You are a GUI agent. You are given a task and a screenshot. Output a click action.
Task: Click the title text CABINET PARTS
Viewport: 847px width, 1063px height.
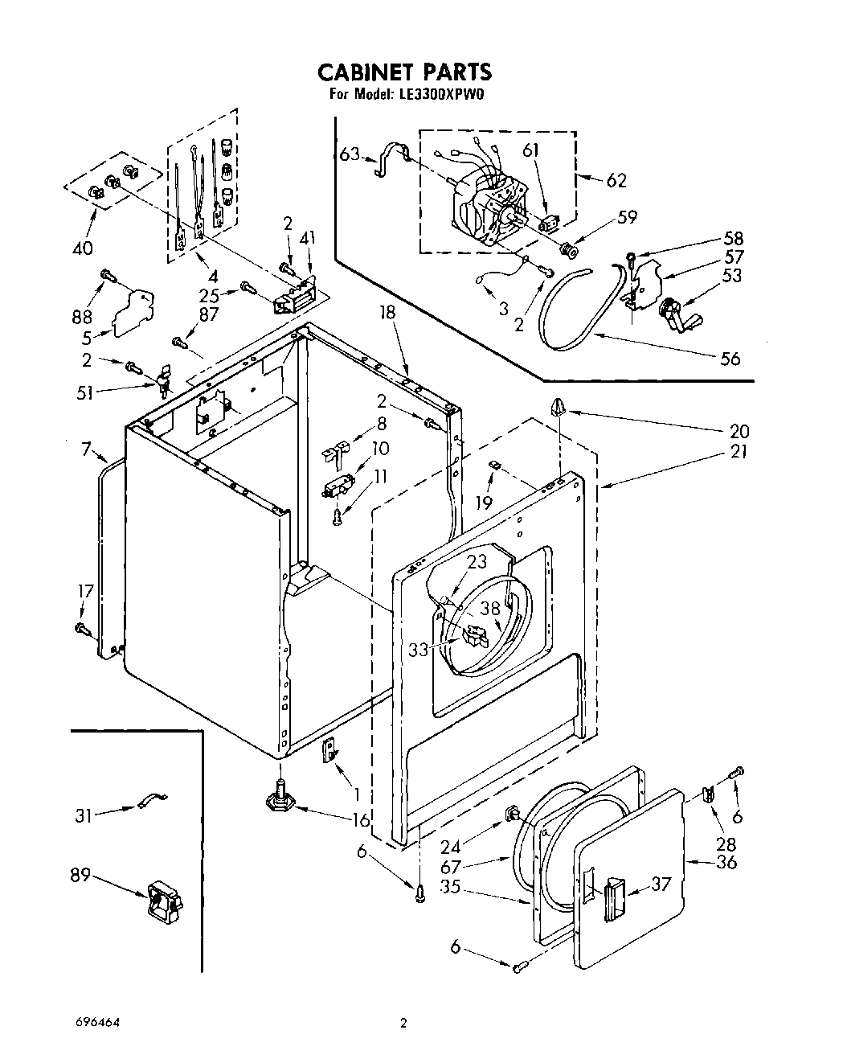coord(404,72)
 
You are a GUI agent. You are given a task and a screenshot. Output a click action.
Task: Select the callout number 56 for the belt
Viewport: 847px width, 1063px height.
coord(730,359)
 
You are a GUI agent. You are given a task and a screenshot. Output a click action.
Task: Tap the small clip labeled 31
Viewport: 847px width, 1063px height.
coord(152,799)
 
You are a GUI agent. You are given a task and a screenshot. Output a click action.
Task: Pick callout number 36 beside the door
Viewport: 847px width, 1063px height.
coord(726,862)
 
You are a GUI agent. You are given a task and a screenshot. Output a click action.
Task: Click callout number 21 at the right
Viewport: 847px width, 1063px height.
coord(738,450)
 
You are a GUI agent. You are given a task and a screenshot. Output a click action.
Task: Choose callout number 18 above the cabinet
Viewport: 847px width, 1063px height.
coord(387,312)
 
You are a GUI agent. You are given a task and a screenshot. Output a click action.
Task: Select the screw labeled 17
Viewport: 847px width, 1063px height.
coord(81,628)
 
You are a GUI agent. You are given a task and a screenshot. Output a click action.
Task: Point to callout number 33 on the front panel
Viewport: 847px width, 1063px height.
coord(418,650)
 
